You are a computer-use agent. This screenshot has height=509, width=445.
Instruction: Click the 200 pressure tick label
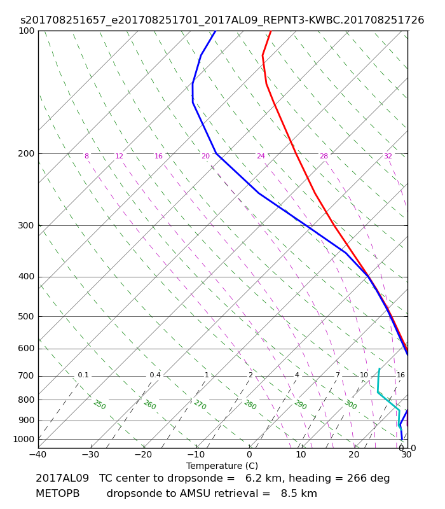tap(26, 153)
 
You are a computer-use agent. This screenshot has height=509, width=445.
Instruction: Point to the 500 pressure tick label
tap(26, 316)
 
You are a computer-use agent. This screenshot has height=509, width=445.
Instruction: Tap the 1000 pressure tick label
tap(24, 439)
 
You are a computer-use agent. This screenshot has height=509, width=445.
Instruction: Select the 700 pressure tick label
tap(26, 376)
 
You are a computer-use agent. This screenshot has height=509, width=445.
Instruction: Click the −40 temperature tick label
tap(38, 454)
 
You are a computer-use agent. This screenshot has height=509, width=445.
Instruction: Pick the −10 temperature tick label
tap(196, 454)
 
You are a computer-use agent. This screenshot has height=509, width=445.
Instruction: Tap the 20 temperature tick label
tap(354, 454)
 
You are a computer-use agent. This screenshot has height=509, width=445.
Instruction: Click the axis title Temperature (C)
tap(222, 466)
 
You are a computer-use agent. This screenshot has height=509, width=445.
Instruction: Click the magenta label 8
tap(86, 156)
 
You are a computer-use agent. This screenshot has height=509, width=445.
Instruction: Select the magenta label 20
tap(205, 156)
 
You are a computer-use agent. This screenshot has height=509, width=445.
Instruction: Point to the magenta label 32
tap(388, 156)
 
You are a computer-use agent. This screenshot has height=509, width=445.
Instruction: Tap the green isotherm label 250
tap(100, 405)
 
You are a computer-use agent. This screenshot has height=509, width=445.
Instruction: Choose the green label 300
tap(351, 405)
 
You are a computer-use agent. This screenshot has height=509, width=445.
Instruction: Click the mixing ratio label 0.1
tap(83, 375)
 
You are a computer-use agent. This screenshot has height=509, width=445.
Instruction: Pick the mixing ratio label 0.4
tap(155, 375)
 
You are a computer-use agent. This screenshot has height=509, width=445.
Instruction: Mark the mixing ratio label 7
tap(338, 375)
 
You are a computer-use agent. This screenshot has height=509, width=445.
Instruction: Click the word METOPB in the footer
tap(58, 494)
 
